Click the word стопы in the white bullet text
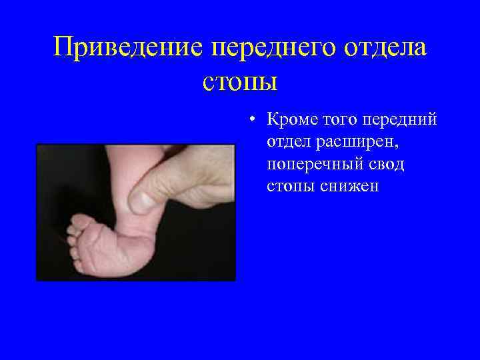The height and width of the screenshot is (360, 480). point(291,186)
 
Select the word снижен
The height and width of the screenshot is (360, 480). point(348,186)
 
